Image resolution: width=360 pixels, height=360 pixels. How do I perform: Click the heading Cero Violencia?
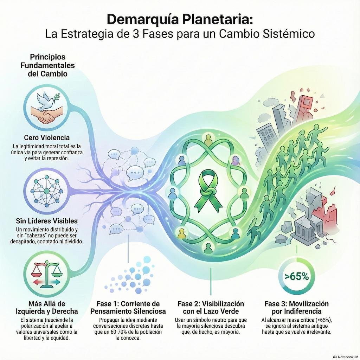[x=47, y=137]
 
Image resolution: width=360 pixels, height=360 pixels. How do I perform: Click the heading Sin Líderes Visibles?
[x=47, y=221]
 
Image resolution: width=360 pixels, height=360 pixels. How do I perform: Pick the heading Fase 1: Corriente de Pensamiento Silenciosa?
[x=128, y=308]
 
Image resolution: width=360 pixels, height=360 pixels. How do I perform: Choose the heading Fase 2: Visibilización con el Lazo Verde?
[x=211, y=308]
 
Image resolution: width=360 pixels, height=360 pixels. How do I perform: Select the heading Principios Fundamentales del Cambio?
[x=47, y=65]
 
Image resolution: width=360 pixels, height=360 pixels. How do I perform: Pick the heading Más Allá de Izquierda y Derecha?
[x=47, y=308]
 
